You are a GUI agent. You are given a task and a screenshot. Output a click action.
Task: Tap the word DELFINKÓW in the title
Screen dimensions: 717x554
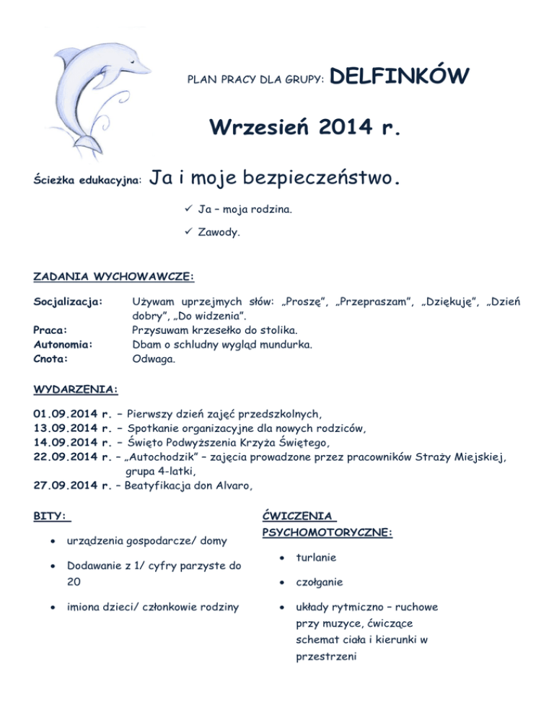[x=403, y=76]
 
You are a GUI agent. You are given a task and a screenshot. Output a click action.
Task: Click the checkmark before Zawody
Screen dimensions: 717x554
[x=187, y=234]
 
